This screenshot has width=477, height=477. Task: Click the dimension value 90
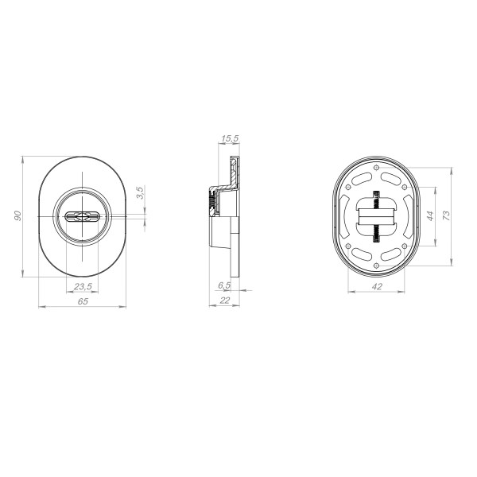[x=18, y=215]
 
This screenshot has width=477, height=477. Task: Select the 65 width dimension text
[x=83, y=301]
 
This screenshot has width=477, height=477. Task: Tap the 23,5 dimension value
[x=83, y=286]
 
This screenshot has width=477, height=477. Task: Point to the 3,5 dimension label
[x=140, y=193]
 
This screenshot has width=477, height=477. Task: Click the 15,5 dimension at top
[x=230, y=138]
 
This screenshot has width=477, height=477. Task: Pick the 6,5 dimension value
[x=224, y=285]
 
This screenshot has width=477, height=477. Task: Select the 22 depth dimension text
[x=224, y=301]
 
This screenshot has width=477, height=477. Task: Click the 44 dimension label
[x=429, y=216]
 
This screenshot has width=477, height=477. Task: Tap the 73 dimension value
[x=446, y=216]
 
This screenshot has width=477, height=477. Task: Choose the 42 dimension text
[x=377, y=286]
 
